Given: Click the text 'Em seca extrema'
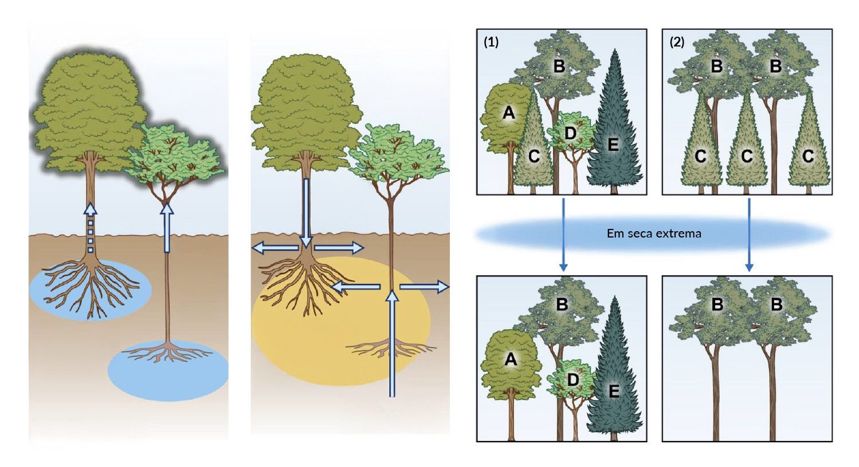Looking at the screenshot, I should [654, 234].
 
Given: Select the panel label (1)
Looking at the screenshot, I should [491, 42].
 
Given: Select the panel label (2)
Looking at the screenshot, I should [677, 42].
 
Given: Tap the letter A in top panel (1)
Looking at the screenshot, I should [508, 114].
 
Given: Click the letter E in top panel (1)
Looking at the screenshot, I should [613, 145].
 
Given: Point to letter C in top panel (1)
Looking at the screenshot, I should [534, 155].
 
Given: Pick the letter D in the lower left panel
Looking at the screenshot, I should [572, 379].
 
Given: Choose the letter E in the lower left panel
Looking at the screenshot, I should [614, 391].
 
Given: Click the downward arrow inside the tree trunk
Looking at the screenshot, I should [307, 212].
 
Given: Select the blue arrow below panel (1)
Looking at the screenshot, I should [563, 235].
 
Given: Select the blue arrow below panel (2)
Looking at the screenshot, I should [749, 235].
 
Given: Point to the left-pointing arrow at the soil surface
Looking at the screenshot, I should [275, 248].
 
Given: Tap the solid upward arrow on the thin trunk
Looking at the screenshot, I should [167, 228].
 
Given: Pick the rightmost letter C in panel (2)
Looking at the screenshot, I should [808, 155].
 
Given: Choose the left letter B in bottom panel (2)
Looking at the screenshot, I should [717, 305].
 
